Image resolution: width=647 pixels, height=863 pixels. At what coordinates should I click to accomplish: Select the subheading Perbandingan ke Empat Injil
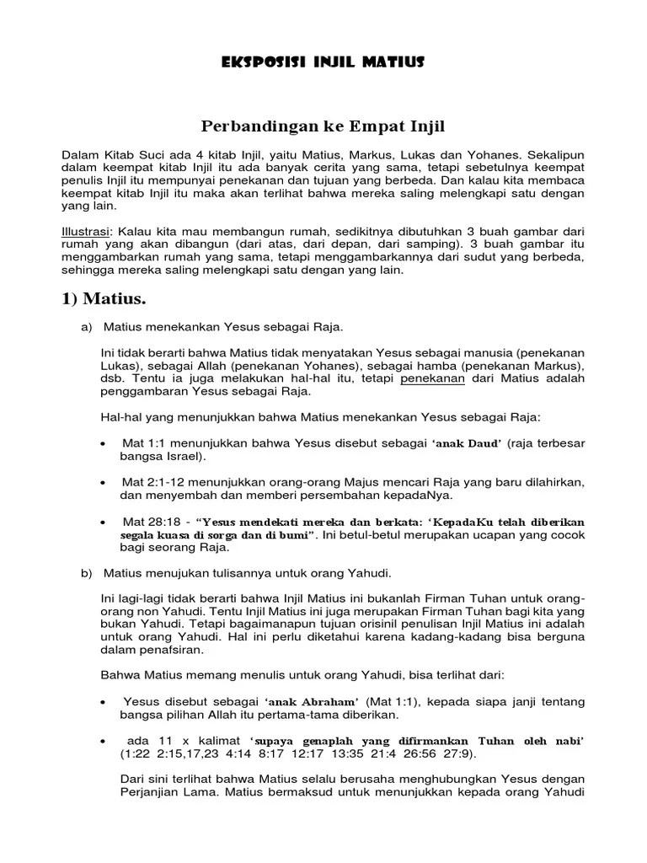tap(323, 126)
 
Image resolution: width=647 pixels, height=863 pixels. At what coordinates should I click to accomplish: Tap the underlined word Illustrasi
tap(87, 231)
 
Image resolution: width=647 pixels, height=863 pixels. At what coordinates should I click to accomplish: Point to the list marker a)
tap(87, 326)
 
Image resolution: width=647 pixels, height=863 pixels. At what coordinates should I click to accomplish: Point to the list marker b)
tap(87, 573)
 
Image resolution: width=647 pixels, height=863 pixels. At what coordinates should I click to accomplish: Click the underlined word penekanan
tap(432, 378)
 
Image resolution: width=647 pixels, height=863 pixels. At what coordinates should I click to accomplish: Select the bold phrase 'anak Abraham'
tap(312, 702)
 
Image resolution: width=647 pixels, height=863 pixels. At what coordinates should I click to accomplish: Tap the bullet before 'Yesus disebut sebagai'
tap(103, 703)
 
